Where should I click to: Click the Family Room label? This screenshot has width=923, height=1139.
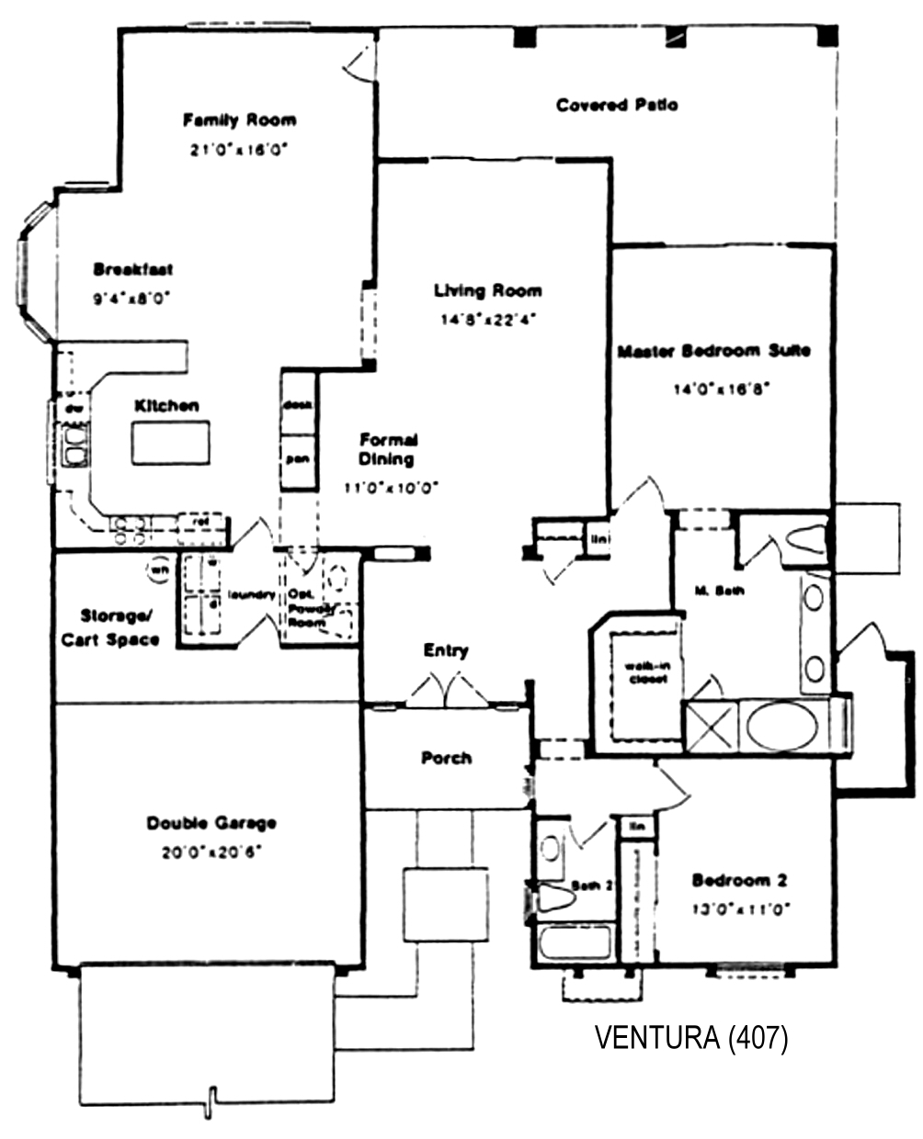click(x=239, y=119)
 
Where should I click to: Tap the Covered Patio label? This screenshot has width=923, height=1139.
click(x=617, y=105)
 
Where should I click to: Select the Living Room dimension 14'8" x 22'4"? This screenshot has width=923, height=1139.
click(x=487, y=321)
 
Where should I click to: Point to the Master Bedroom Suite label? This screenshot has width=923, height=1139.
click(x=713, y=351)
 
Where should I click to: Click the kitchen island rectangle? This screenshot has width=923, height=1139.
click(x=170, y=443)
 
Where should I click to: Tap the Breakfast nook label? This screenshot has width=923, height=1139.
click(x=133, y=269)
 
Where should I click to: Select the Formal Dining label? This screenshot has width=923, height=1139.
click(x=388, y=449)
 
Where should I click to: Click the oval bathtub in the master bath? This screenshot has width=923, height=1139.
click(x=781, y=726)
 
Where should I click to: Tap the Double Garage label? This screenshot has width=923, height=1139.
click(x=211, y=823)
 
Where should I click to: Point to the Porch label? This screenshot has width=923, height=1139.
click(x=447, y=758)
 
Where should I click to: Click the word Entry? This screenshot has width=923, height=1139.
click(x=446, y=650)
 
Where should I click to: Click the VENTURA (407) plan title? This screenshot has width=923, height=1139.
click(x=690, y=1038)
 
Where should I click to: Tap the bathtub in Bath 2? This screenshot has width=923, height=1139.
click(x=575, y=942)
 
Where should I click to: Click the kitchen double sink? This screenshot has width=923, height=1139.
click(x=74, y=445)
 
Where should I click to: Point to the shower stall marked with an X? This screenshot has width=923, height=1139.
click(x=710, y=726)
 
